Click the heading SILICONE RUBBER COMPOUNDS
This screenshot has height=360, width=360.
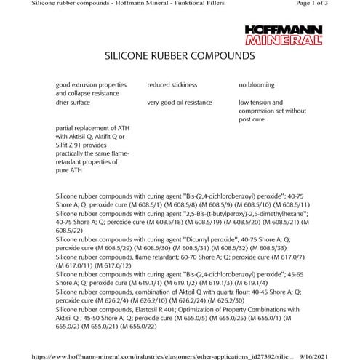tap(180, 55)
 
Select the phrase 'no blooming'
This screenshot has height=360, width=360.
tap(257, 85)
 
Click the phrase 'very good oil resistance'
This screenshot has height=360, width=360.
tap(185, 103)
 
